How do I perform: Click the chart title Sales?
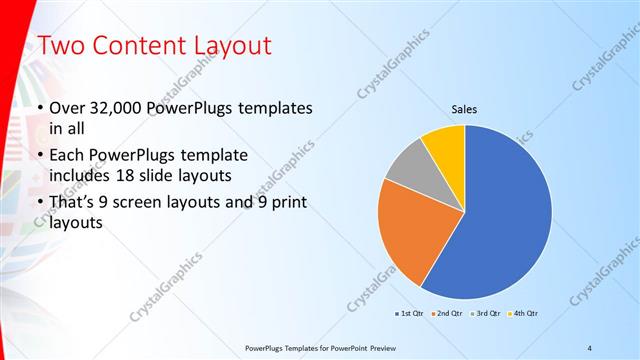pyautogui.click(x=465, y=109)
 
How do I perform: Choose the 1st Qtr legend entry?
pyautogui.click(x=409, y=314)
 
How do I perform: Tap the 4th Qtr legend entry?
pyautogui.click(x=526, y=314)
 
